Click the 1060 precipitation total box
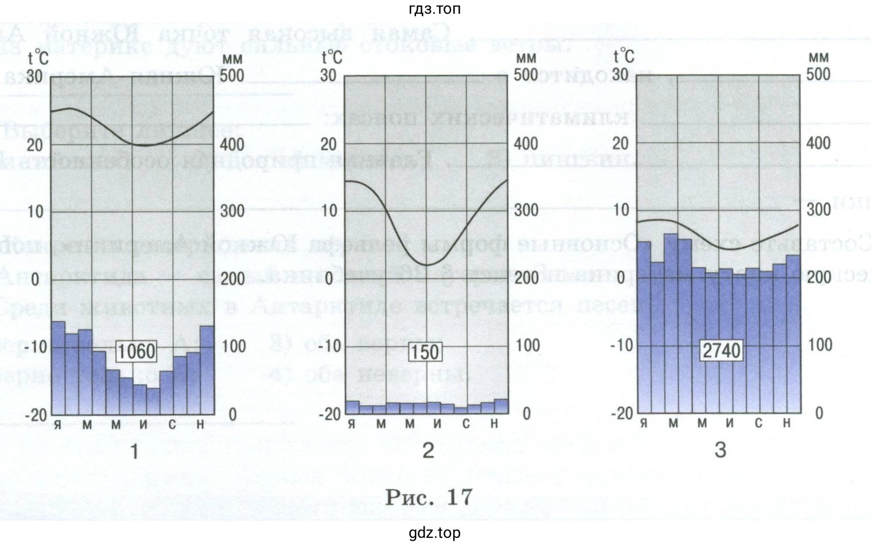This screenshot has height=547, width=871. pyautogui.click(x=136, y=351)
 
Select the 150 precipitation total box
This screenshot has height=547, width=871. pyautogui.click(x=425, y=351)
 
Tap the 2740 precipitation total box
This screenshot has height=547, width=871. pyautogui.click(x=721, y=350)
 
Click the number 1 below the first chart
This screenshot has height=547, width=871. pyautogui.click(x=135, y=452)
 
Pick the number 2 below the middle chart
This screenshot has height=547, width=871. pyautogui.click(x=428, y=451)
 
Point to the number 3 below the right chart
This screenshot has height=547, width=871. pyautogui.click(x=720, y=450)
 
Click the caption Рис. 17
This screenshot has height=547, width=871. pyautogui.click(x=429, y=497)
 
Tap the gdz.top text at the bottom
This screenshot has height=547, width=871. pyautogui.click(x=434, y=533)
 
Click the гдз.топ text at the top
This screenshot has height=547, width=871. pyautogui.click(x=434, y=9)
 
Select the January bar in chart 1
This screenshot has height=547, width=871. pyautogui.click(x=59, y=368)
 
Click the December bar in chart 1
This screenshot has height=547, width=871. pyautogui.click(x=207, y=370)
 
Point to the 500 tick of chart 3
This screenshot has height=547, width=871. pyautogui.click(x=818, y=74)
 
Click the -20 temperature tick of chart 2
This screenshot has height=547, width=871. pyautogui.click(x=330, y=414)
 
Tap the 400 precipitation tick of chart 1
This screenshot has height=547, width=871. pyautogui.click(x=232, y=143)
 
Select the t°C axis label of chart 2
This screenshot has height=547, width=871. pyautogui.click(x=332, y=57)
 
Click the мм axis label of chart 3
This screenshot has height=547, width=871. pyautogui.click(x=819, y=57)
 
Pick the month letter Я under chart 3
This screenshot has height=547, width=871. pyautogui.click(x=644, y=424)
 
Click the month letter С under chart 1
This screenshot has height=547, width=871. pyautogui.click(x=172, y=425)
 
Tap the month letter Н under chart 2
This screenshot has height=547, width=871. pyautogui.click(x=494, y=424)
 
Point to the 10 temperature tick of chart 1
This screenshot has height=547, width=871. pyautogui.click(x=36, y=211)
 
